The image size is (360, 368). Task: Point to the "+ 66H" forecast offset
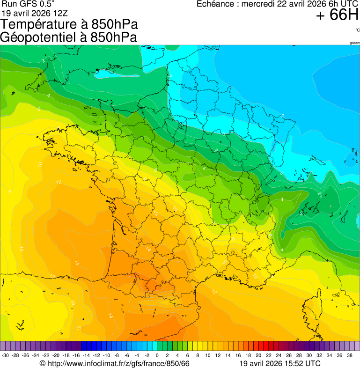(x=337, y=15)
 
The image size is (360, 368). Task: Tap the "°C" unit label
(x=357, y=30)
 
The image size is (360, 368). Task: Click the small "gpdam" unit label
(x=354, y=43)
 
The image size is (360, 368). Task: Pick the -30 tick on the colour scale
(x=6, y=355)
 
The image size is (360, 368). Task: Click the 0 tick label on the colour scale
(x=157, y=355)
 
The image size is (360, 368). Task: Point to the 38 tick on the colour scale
(x=350, y=355)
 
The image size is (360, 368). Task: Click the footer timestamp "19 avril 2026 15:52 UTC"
(x=280, y=363)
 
